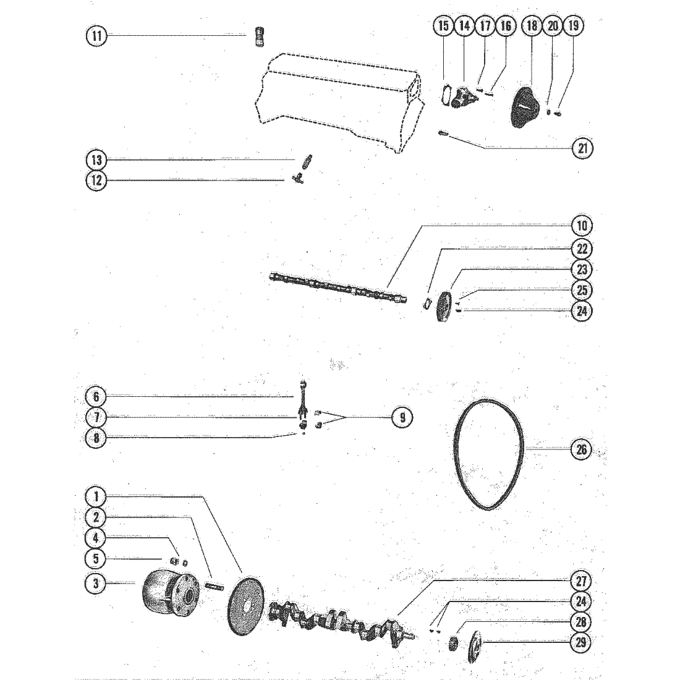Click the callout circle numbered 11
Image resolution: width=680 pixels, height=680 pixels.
click(96, 35)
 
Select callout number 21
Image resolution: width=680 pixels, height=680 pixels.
click(582, 148)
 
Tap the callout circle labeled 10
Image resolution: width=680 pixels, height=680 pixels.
click(582, 226)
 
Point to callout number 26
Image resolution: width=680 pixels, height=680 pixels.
click(581, 449)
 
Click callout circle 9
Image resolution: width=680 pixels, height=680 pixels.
click(402, 417)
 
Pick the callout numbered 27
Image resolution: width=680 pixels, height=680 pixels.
click(581, 581)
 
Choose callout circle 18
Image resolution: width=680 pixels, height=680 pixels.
click(532, 25)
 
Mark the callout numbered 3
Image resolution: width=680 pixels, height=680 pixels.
click(96, 584)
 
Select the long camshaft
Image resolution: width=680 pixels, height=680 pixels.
click(338, 287)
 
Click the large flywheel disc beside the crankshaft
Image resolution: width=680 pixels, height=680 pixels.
click(245, 606)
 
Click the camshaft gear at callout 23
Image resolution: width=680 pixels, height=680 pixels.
click(444, 307)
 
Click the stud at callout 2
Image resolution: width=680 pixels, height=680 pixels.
click(213, 587)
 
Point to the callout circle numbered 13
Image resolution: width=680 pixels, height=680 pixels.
click(96, 160)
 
